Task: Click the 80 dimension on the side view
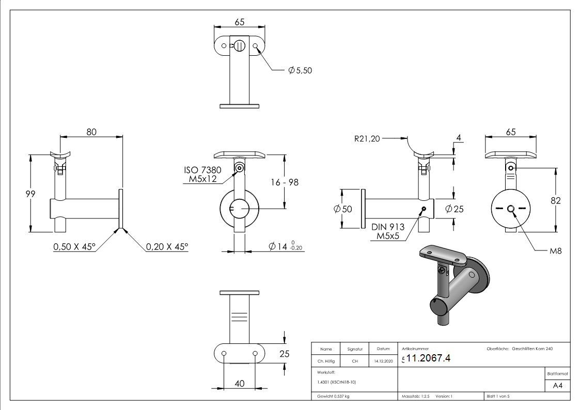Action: point(91,132)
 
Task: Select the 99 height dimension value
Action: point(31,193)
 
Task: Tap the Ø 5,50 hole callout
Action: point(300,70)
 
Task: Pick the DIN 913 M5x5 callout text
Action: point(388,232)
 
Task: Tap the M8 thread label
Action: point(555,251)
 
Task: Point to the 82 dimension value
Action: point(555,201)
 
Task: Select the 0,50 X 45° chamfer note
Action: point(74,247)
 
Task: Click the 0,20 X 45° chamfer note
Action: point(167,247)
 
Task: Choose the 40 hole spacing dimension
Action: point(239,383)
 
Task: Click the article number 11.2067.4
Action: point(429,359)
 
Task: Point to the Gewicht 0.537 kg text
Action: point(333,396)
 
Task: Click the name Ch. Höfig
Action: point(326,361)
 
